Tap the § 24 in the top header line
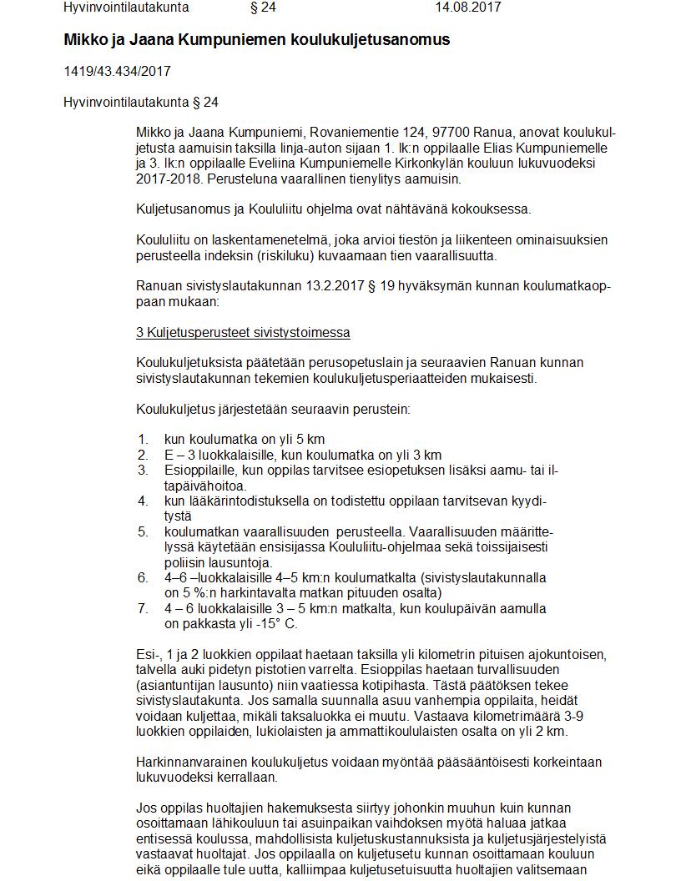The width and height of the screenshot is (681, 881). point(263,8)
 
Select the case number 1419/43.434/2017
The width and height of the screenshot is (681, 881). point(117,72)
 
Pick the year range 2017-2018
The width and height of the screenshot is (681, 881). point(165,179)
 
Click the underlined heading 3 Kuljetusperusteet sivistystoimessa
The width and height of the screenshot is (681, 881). point(243,333)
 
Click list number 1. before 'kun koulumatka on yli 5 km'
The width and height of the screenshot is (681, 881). point(144,440)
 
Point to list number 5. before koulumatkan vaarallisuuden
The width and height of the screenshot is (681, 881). point(144,531)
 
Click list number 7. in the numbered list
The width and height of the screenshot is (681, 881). point(144,608)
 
